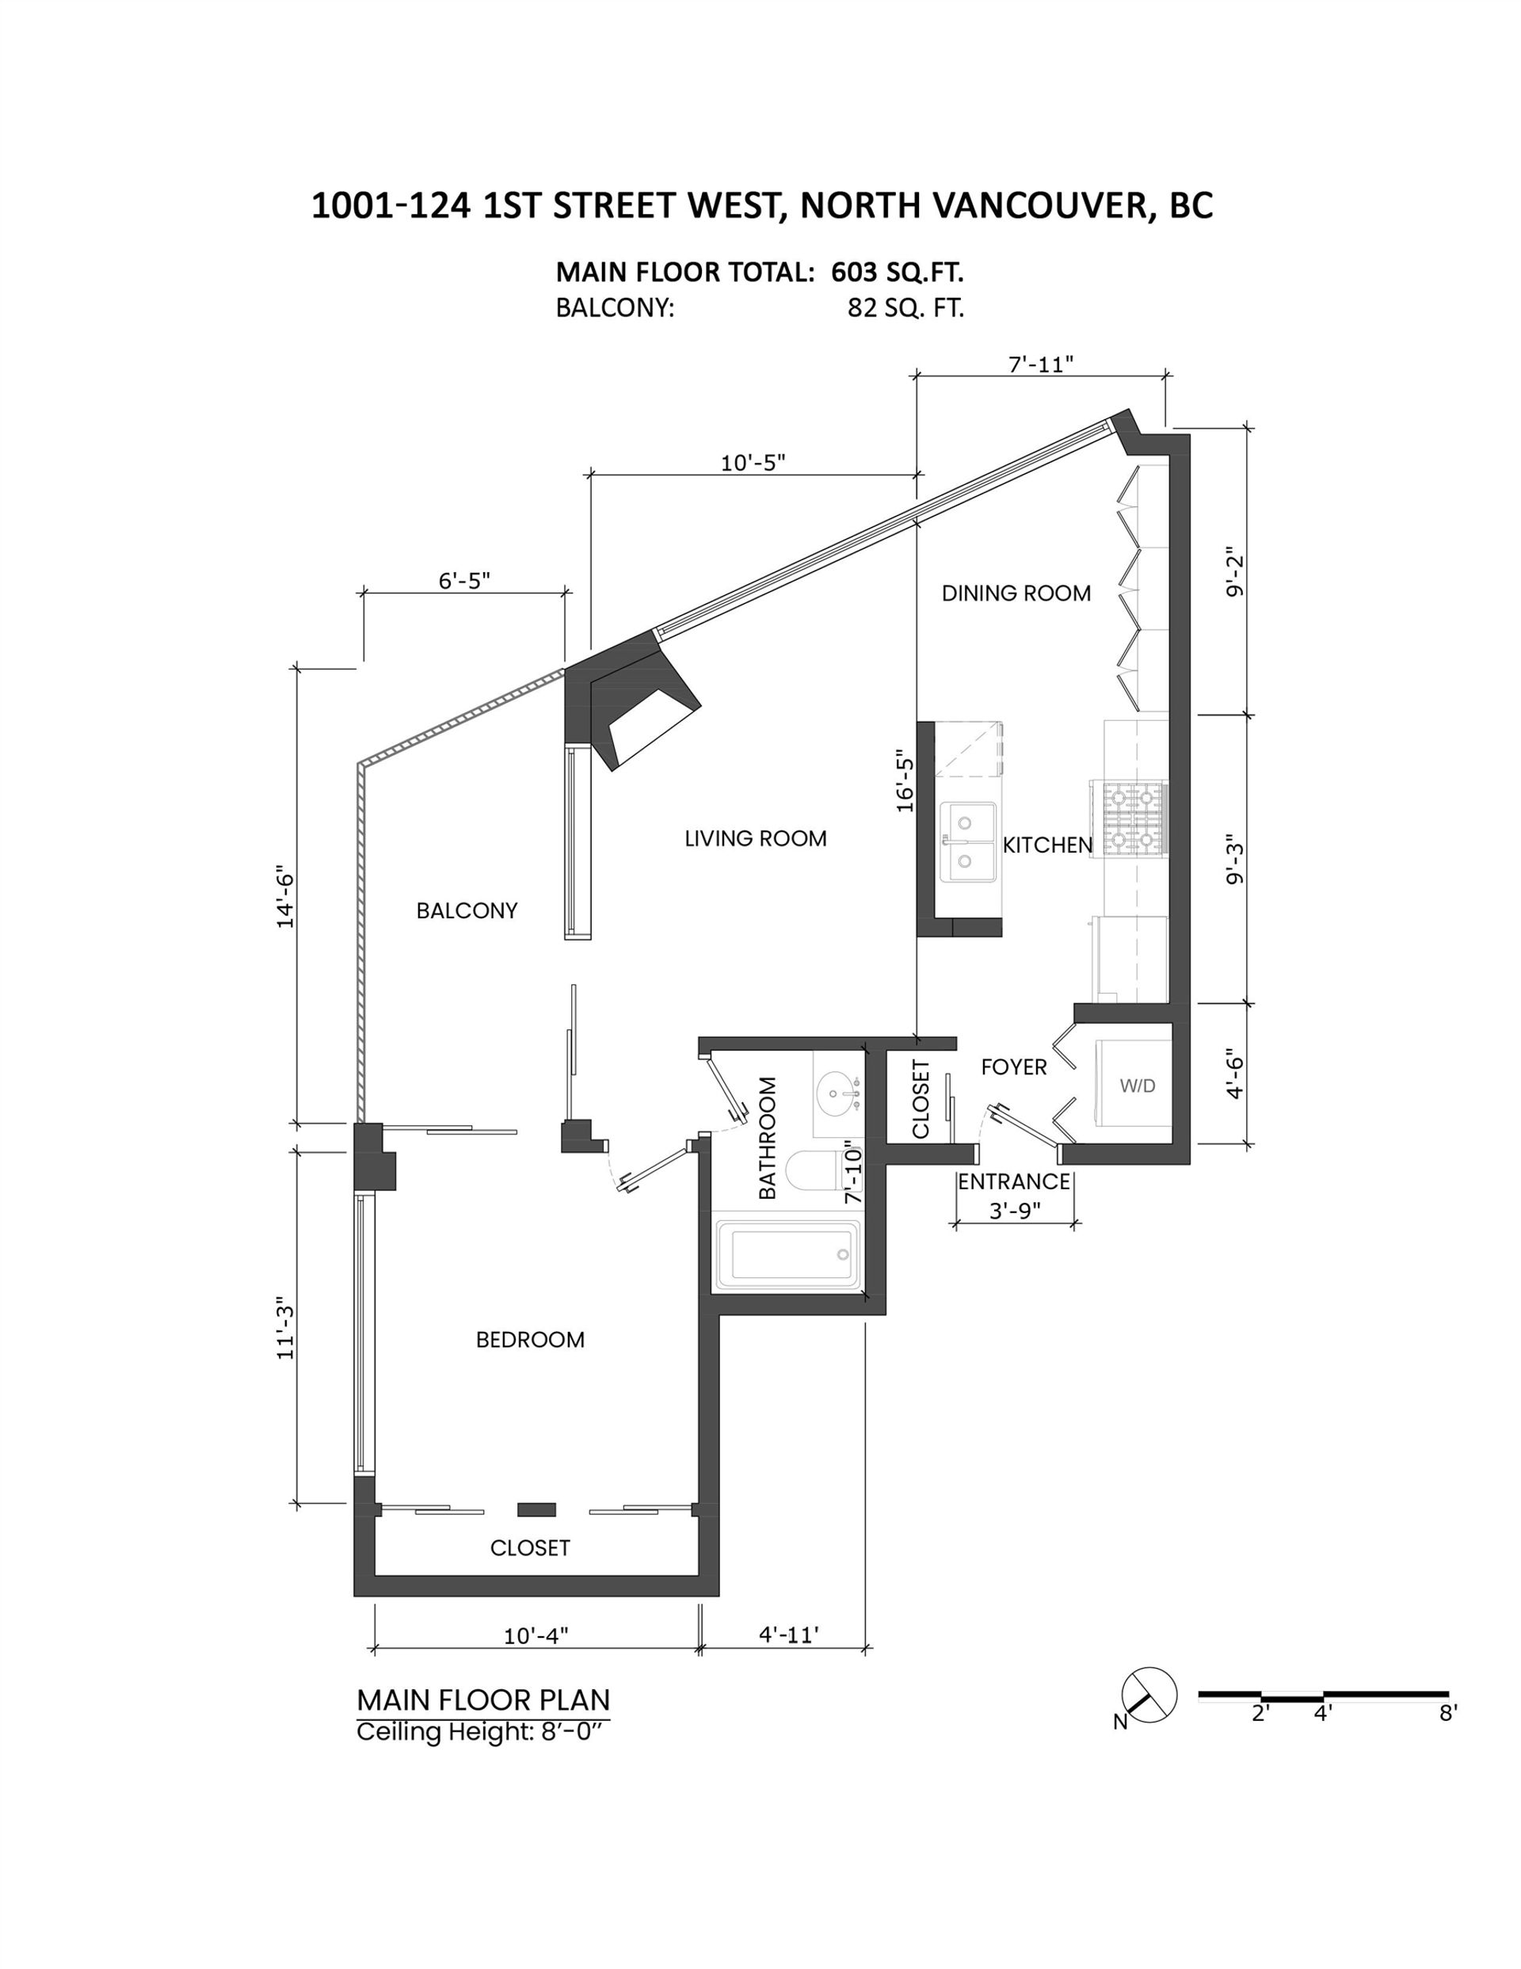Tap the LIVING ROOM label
coord(756,838)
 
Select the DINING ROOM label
coord(1016,593)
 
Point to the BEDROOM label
coord(530,1340)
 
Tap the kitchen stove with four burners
coord(1130,819)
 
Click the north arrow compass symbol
coord(1149,1695)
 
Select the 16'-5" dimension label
coord(905,781)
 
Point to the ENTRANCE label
coord(1013,1181)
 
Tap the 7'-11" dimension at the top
coord(1042,364)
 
